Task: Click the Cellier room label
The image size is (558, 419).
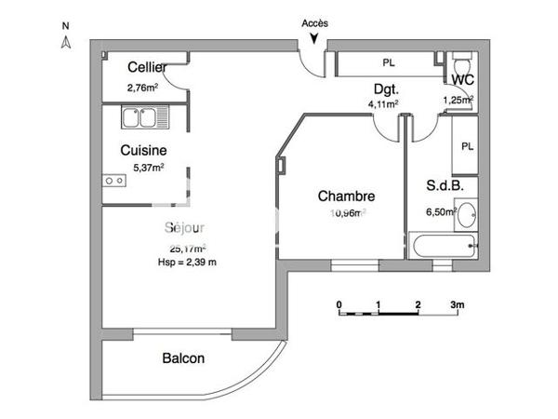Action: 147,67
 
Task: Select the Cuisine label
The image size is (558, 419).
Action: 143,149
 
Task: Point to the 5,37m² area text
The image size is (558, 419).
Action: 149,168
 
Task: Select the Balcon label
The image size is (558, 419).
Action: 183,358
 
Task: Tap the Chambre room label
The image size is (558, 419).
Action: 346,196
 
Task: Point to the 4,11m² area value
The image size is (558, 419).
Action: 383,104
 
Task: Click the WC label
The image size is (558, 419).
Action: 463,81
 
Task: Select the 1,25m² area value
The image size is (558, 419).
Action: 458,100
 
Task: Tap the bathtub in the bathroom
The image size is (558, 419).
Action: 445,250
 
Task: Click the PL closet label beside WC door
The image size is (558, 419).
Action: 467,146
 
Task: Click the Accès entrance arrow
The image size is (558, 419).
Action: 316,38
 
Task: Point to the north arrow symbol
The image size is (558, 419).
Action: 66,42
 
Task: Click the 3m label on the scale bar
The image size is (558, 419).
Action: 457,304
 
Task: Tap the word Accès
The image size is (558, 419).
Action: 315,22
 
